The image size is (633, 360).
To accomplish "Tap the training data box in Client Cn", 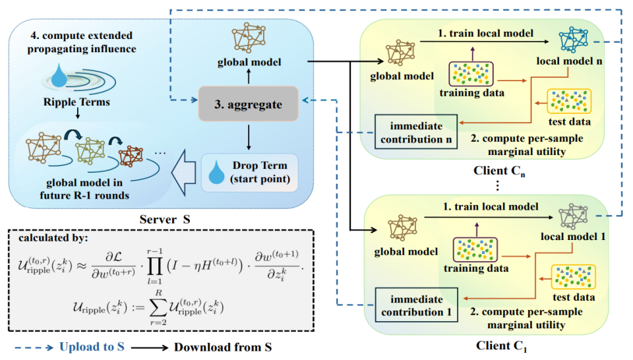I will click(x=471, y=75).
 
